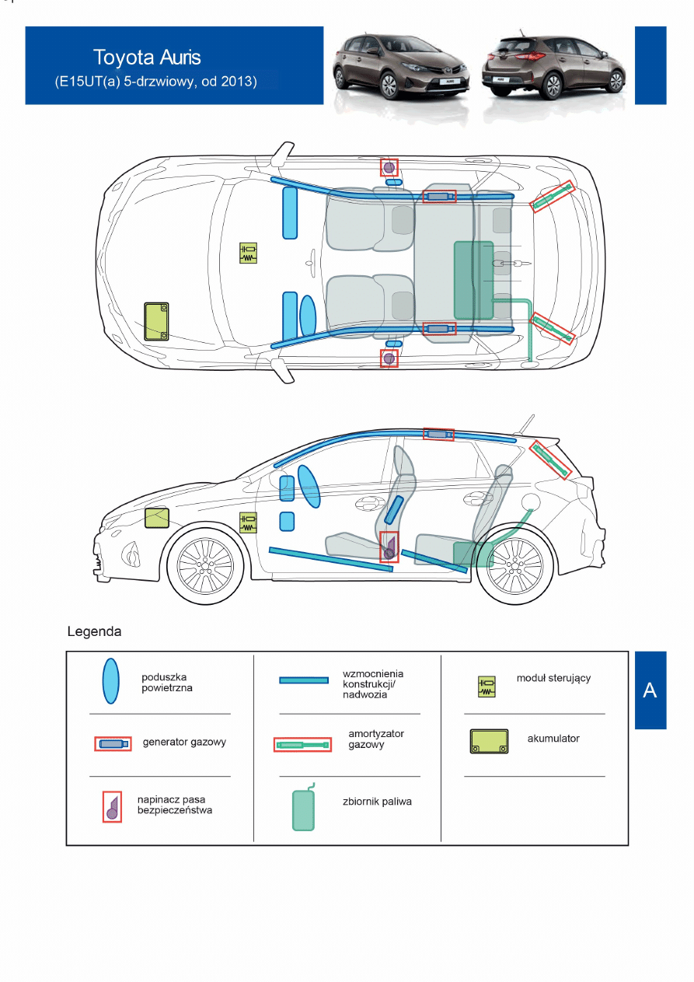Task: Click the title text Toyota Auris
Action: pyautogui.click(x=147, y=58)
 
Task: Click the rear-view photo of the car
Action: pyautogui.click(x=553, y=68)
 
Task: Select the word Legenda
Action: pyautogui.click(x=94, y=631)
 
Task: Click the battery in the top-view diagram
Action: pyautogui.click(x=157, y=321)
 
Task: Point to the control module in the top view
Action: pyautogui.click(x=248, y=253)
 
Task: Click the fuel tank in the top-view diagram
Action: pyautogui.click(x=473, y=281)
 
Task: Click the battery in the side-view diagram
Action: pyautogui.click(x=157, y=518)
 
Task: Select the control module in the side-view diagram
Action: pyautogui.click(x=248, y=522)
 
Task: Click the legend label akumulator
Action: pyautogui.click(x=553, y=739)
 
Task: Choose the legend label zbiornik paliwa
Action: pyautogui.click(x=377, y=802)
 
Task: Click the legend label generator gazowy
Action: pyautogui.click(x=184, y=743)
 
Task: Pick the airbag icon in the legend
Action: pyautogui.click(x=112, y=680)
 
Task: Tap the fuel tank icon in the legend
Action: pyautogui.click(x=303, y=809)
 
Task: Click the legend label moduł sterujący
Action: pyautogui.click(x=553, y=678)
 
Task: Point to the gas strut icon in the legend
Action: pyautogui.click(x=303, y=745)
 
